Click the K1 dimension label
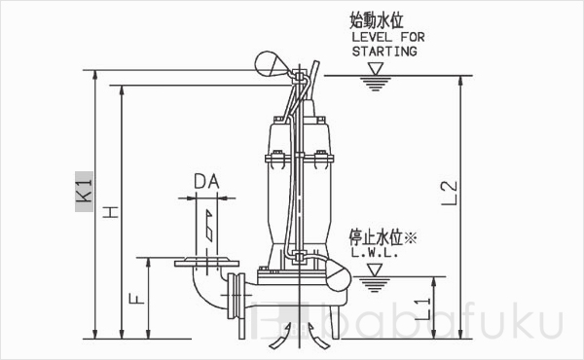[x=84, y=188]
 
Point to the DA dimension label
[x=206, y=180]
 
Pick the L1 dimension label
[x=421, y=309]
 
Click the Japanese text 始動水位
[x=377, y=20]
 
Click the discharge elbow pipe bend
[x=203, y=287]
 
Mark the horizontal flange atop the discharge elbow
[x=205, y=262]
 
